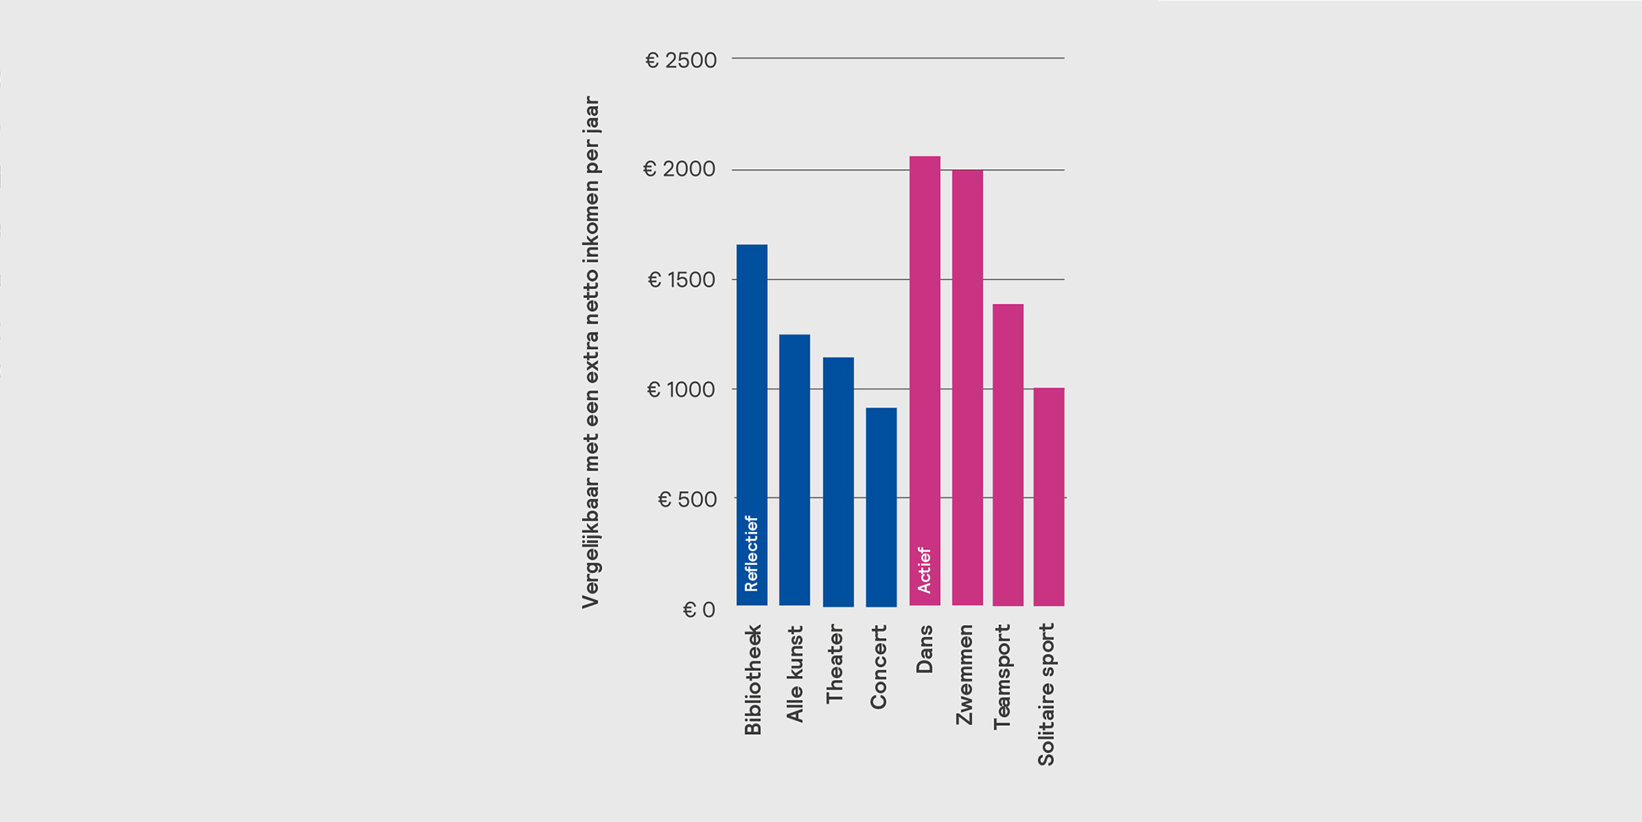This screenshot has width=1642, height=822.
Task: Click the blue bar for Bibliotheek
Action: [751, 394]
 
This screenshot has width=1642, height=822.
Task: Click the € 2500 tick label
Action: [681, 61]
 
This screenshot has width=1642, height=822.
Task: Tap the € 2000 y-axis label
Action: [679, 170]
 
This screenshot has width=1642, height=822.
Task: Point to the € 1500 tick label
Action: [681, 280]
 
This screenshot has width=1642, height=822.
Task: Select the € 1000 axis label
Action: [681, 390]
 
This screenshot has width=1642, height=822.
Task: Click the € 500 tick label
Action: [687, 499]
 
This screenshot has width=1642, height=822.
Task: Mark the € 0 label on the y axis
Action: [699, 610]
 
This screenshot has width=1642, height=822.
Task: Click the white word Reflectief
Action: [751, 553]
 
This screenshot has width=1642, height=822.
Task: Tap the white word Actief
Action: [924, 570]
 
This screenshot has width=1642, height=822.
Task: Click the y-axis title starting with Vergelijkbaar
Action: [590, 353]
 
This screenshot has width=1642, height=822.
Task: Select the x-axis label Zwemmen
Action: [965, 674]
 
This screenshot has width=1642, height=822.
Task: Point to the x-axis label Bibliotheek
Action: [753, 680]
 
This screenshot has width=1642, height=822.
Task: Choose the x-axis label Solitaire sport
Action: [1046, 694]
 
